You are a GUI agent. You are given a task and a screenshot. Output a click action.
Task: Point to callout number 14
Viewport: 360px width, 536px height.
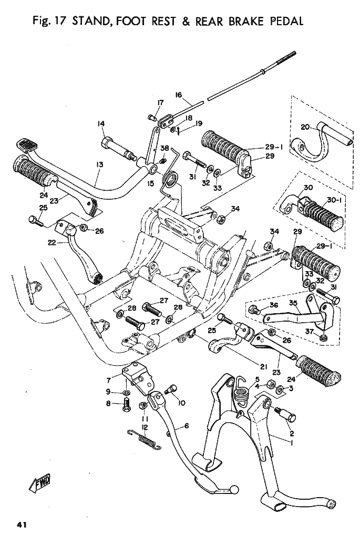point(101,124)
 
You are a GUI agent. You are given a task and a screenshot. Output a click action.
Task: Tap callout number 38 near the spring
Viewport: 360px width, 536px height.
point(164,149)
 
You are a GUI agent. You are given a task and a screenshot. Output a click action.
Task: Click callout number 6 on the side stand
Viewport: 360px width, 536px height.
point(186,426)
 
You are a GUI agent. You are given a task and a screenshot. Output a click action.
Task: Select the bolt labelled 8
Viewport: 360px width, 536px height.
point(126,405)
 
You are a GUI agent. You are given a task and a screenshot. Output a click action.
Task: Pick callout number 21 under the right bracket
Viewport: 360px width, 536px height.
point(263,366)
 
